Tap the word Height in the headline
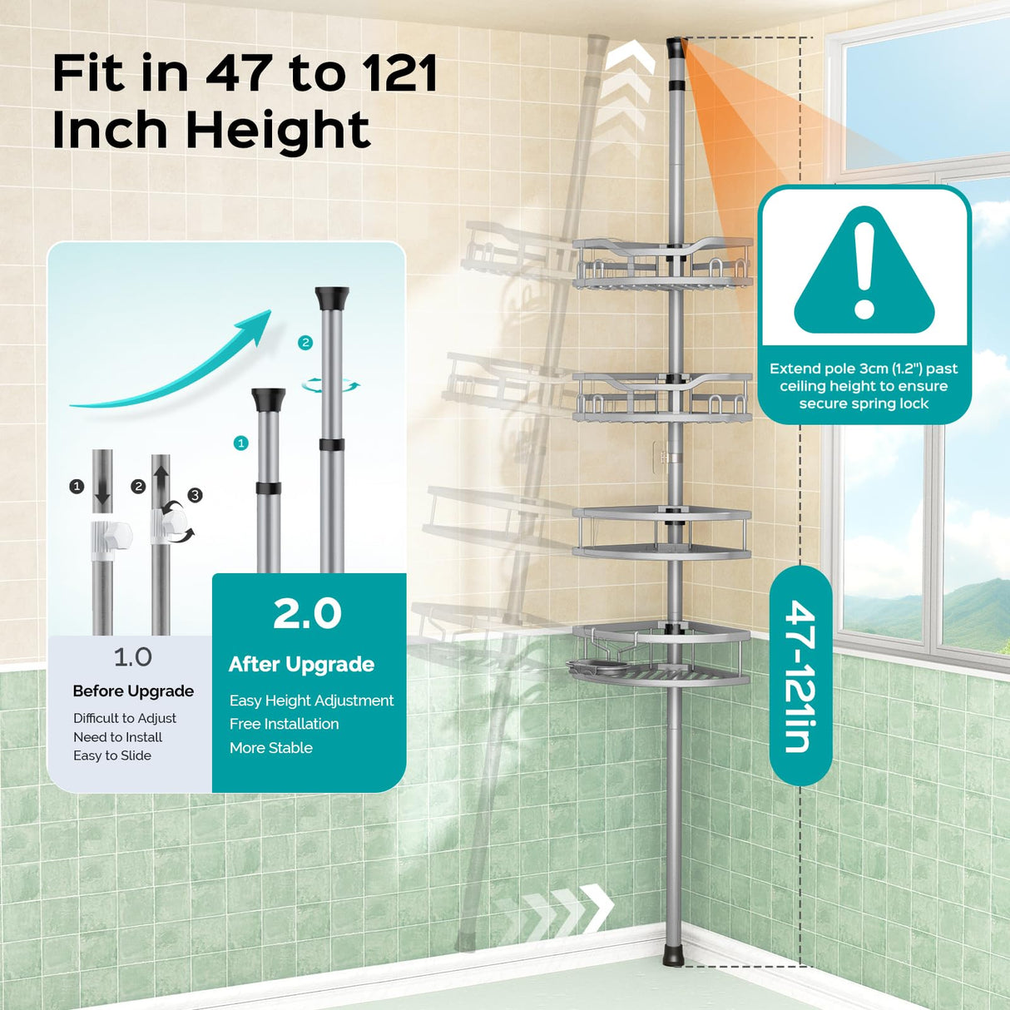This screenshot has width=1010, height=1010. [x=277, y=130]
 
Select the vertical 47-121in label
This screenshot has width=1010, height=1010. [x=800, y=676]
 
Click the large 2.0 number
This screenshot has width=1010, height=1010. [x=308, y=614]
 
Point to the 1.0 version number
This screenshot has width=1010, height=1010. [x=132, y=657]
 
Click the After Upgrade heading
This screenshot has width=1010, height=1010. [x=301, y=664]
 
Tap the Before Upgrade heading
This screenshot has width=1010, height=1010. [x=133, y=691]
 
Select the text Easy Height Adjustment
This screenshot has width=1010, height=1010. [x=311, y=701]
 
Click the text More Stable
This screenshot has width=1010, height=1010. [x=271, y=748]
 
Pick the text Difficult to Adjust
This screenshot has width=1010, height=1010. [x=125, y=718]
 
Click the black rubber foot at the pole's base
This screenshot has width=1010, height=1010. [x=673, y=955]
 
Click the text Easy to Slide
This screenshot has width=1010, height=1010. [x=112, y=755]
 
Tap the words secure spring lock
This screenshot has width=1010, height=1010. [x=864, y=404]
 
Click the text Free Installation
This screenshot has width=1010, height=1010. [x=284, y=724]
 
